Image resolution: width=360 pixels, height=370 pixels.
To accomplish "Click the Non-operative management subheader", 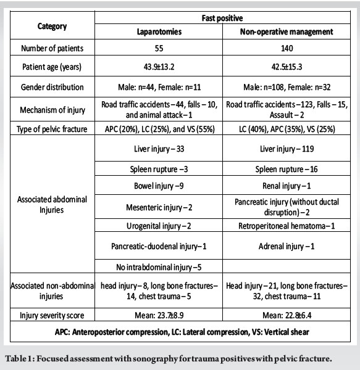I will pyautogui.click(x=286, y=31).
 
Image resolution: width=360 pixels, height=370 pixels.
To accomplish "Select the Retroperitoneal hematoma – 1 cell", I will pyautogui.click(x=286, y=226).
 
